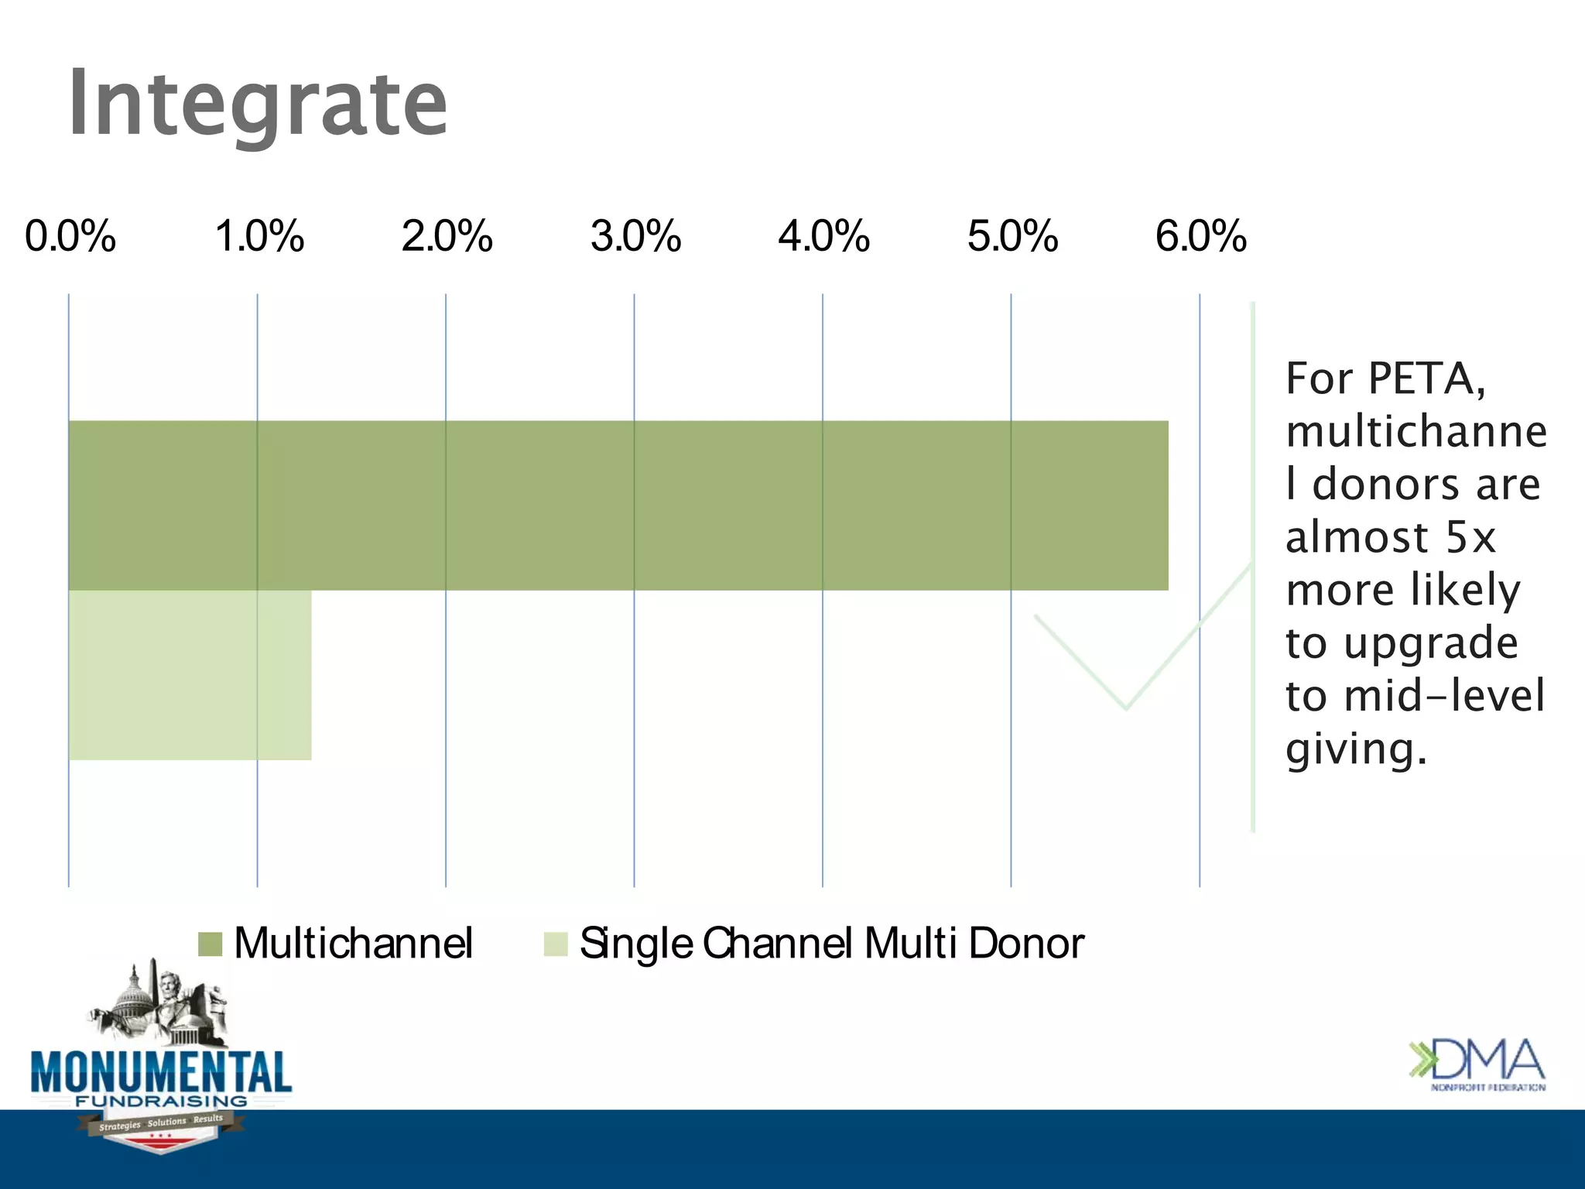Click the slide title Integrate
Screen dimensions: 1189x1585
(258, 103)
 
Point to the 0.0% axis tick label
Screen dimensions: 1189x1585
(70, 236)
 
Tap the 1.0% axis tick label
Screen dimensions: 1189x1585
(259, 236)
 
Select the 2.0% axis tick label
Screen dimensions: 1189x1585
(447, 236)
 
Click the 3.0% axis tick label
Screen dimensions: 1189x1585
(636, 236)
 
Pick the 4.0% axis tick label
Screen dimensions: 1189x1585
(824, 236)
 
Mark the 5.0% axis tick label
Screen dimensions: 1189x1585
(1013, 236)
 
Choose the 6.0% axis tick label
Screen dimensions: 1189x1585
(1201, 236)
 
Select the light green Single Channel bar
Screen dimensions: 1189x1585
(190, 675)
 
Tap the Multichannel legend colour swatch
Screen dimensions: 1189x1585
(211, 944)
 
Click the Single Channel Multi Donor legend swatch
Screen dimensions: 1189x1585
(556, 944)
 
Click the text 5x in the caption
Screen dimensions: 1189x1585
(1470, 537)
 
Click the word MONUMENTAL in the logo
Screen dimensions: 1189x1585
(161, 1073)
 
